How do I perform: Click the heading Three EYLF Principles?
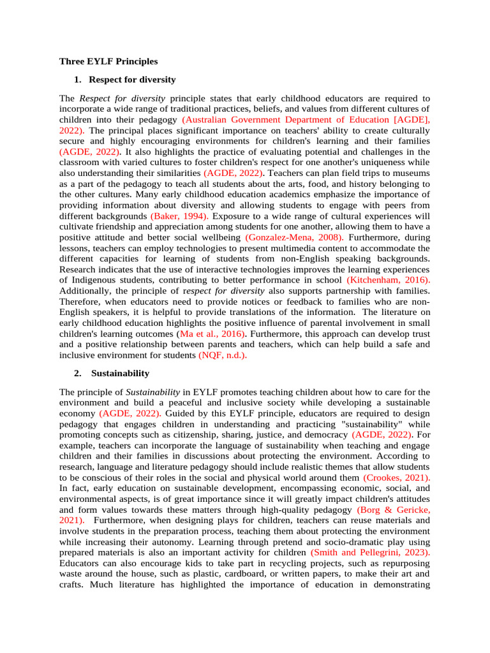[108, 62]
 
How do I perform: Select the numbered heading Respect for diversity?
[132, 80]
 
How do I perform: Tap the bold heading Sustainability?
[120, 373]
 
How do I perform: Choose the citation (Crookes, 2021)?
[396, 477]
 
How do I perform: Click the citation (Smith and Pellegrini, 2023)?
[370, 552]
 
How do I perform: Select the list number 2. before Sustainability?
[78, 373]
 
